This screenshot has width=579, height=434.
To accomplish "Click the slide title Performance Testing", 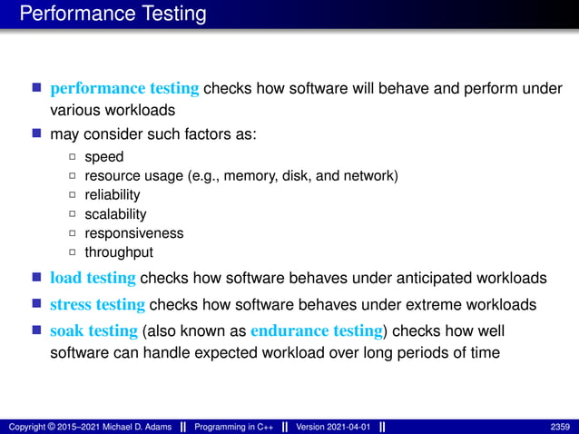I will click(113, 15).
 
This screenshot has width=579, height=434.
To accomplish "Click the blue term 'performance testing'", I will click(124, 89).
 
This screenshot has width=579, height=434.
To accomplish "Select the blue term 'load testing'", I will click(93, 278).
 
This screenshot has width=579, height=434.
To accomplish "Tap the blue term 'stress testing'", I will click(97, 304).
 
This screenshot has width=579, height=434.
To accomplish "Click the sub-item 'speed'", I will click(103, 157).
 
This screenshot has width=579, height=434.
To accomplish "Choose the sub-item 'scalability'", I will click(115, 214).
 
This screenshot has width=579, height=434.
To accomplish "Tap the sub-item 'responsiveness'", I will click(133, 233).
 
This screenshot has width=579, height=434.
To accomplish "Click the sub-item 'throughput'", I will click(119, 252).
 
